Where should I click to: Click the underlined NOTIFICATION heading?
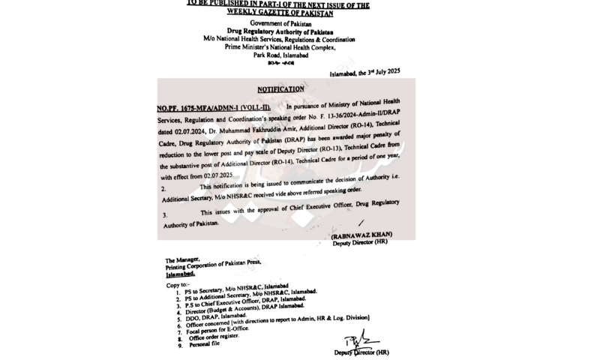pyautogui.click(x=280, y=89)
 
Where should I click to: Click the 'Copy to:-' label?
pyautogui.click(x=178, y=285)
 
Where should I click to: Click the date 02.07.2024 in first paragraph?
pyautogui.click(x=175, y=133)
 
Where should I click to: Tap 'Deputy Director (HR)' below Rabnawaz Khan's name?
pyautogui.click(x=361, y=243)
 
